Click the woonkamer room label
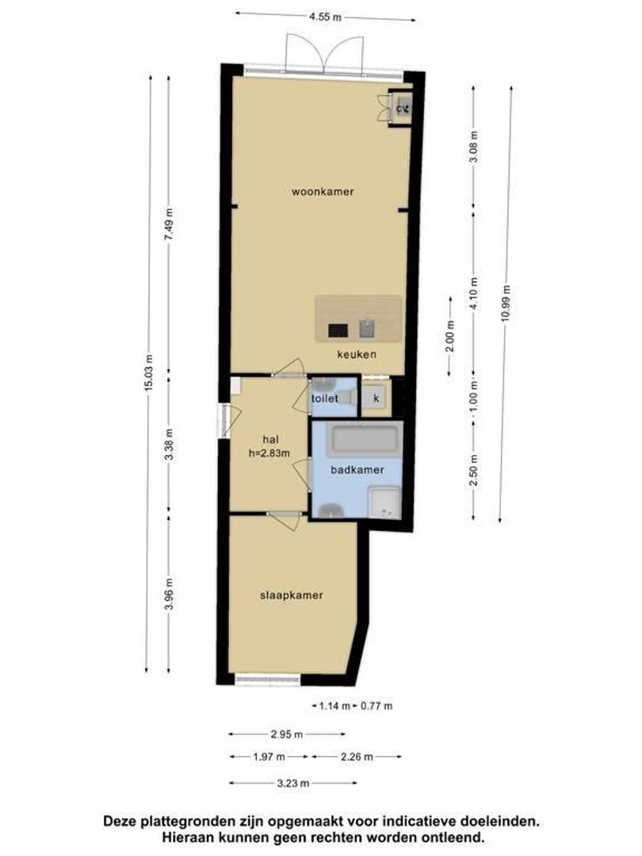point(322,192)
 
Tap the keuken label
point(357,354)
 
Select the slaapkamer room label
point(292,595)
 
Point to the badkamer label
point(357,469)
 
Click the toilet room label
point(325,399)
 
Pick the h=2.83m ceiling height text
point(269,453)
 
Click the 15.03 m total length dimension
point(148,373)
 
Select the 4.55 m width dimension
point(326,17)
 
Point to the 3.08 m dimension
point(474,147)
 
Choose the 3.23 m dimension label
point(293,784)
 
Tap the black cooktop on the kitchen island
point(338,331)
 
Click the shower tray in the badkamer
point(385,502)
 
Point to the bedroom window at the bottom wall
point(268,680)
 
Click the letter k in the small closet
point(376,399)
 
